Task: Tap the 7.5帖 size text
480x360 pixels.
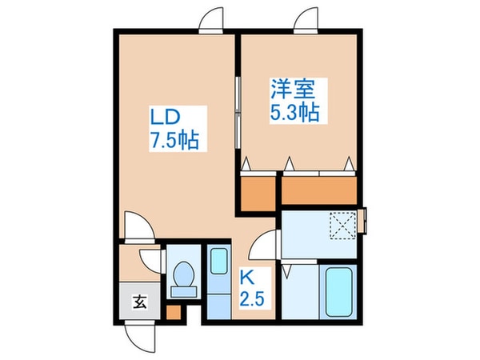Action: tap(174, 142)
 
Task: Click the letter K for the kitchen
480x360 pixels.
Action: tap(247, 280)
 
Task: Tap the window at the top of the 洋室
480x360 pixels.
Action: tap(309, 22)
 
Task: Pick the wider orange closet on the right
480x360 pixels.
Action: tap(318, 190)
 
